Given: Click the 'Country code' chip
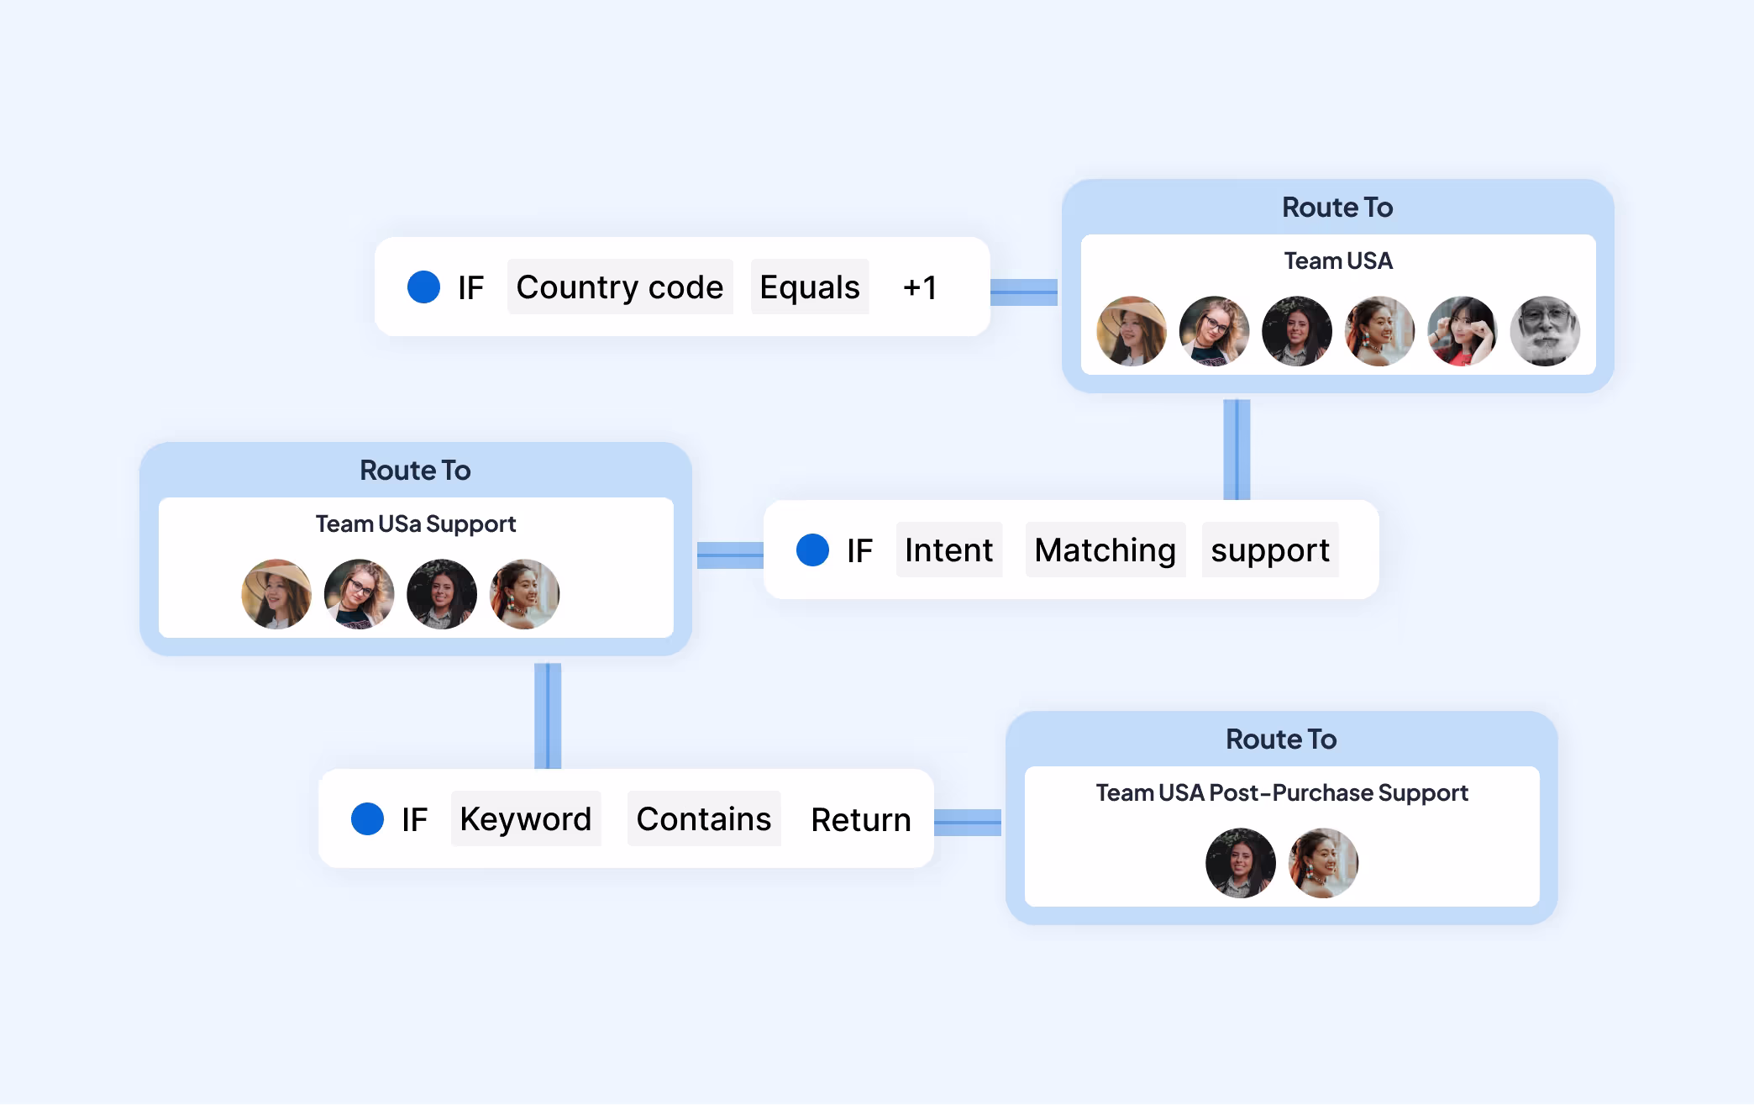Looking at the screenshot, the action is click(x=620, y=287).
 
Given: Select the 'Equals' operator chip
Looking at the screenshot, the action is click(x=810, y=287).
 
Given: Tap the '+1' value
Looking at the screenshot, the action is click(x=920, y=287).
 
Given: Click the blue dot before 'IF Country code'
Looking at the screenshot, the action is click(x=423, y=287).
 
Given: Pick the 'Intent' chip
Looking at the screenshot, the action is click(x=949, y=550).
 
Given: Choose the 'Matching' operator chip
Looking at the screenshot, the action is click(x=1105, y=550).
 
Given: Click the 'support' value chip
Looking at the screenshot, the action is click(x=1270, y=550).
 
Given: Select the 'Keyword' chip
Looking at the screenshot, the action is click(x=526, y=818).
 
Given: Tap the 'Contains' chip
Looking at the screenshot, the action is click(x=704, y=818).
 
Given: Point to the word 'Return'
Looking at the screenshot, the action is click(x=861, y=819).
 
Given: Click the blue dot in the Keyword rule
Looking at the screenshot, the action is click(x=367, y=818).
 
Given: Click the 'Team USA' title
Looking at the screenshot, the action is click(x=1338, y=260).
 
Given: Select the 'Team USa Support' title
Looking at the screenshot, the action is click(x=416, y=524).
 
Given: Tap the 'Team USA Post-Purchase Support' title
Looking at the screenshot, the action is click(x=1282, y=792).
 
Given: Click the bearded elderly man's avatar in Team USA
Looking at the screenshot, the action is click(x=1545, y=331).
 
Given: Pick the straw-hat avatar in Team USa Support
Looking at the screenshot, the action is click(x=276, y=594).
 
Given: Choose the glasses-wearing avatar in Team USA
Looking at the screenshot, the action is click(x=1214, y=331).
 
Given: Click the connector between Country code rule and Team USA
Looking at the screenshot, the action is click(x=1024, y=292).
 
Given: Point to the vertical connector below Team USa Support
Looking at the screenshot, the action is click(x=548, y=716).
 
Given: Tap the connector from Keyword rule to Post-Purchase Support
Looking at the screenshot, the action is click(x=968, y=823).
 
